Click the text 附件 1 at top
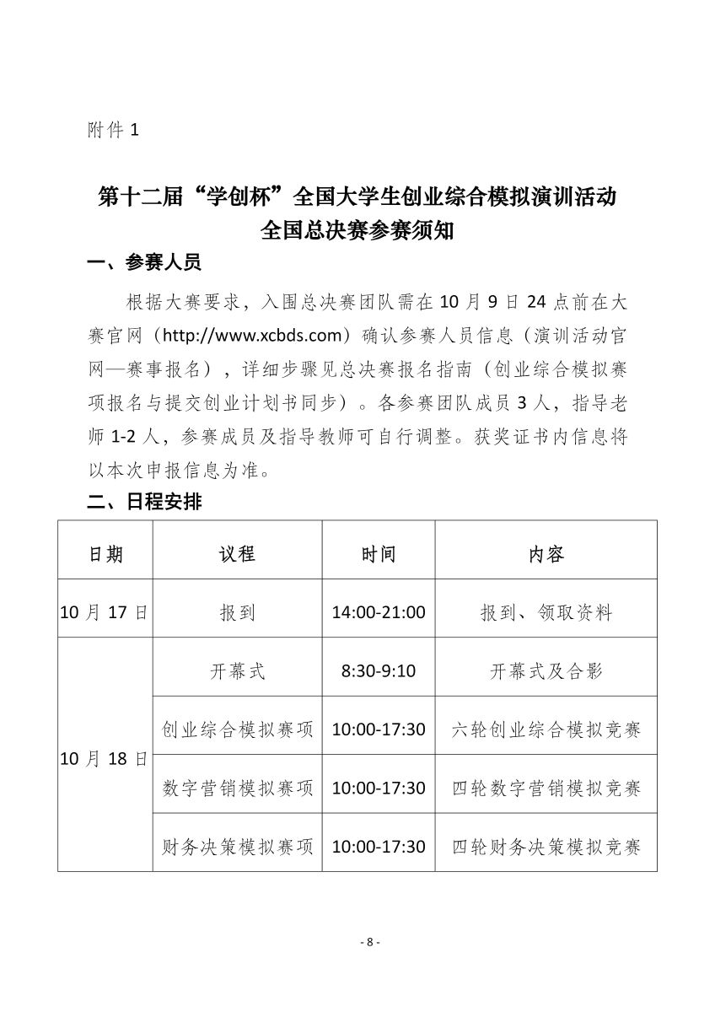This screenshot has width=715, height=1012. [x=112, y=131]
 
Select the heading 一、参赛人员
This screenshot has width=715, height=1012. [x=144, y=262]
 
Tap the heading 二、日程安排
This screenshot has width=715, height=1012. [x=144, y=503]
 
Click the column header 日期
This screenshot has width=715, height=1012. [x=105, y=554]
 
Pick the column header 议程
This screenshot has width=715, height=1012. [x=237, y=554]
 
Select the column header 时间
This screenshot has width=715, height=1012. [x=379, y=554]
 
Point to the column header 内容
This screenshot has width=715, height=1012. [x=546, y=554]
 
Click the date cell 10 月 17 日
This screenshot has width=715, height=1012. [x=105, y=612]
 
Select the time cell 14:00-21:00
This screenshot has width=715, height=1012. [x=379, y=612]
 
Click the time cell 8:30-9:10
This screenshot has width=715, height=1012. [x=379, y=671]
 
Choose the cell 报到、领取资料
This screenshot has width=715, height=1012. [x=546, y=612]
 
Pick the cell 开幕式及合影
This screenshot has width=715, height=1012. [x=546, y=671]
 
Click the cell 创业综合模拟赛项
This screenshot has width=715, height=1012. [x=237, y=729]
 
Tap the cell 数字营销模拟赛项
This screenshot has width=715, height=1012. [x=237, y=788]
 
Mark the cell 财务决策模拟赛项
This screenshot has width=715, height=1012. [x=237, y=846]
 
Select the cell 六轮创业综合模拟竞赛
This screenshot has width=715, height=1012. [x=546, y=729]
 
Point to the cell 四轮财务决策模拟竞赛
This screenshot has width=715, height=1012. [x=546, y=846]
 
